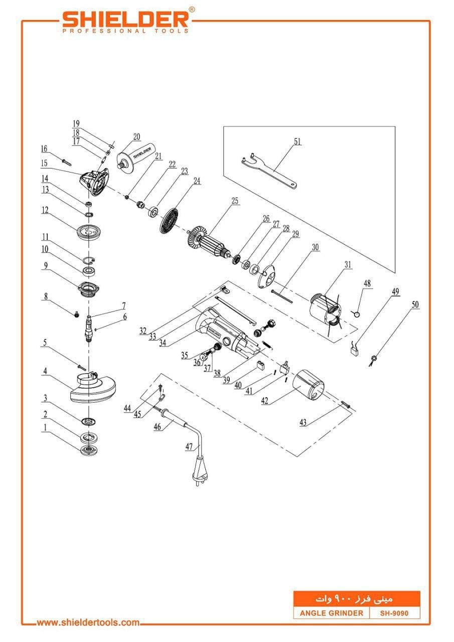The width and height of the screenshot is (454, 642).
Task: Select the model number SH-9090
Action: [x=394, y=613]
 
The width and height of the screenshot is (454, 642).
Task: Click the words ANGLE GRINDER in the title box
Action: [x=331, y=613]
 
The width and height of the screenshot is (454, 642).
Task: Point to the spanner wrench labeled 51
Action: [x=269, y=171]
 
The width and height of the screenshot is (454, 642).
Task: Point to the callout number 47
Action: [x=189, y=446]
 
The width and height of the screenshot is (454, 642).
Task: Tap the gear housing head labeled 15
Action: [x=94, y=182]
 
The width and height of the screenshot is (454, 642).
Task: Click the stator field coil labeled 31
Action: [x=325, y=312]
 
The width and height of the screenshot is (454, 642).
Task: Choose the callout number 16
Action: [x=44, y=149]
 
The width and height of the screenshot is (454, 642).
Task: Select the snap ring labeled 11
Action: [x=89, y=260]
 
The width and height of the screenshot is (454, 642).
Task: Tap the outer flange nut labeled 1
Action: [x=89, y=450]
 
